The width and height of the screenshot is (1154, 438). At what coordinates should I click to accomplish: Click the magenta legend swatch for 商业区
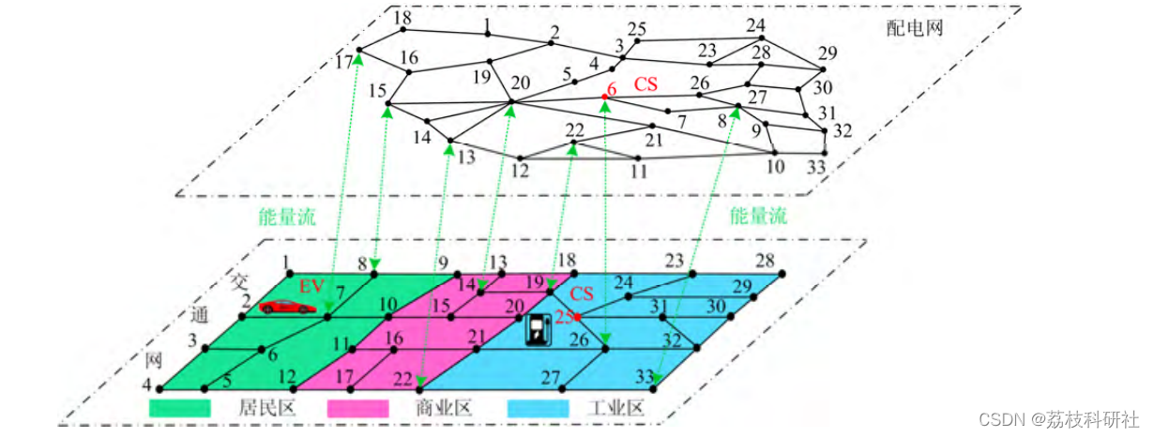coord(357,409)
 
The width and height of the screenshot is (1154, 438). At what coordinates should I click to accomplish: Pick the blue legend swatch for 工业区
coord(538,409)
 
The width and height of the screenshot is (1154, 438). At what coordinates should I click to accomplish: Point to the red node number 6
coord(611,90)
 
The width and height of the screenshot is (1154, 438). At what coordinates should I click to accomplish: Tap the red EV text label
coord(311,284)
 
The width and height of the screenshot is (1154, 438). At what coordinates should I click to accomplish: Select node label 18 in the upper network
coord(402,19)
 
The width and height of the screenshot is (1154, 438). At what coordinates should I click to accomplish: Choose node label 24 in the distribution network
coord(756,24)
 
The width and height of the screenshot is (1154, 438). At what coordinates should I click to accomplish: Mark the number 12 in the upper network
coord(520,172)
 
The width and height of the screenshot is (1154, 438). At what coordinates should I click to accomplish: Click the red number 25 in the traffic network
coord(563,317)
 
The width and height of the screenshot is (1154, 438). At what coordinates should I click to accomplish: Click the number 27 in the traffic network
coord(551,378)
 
